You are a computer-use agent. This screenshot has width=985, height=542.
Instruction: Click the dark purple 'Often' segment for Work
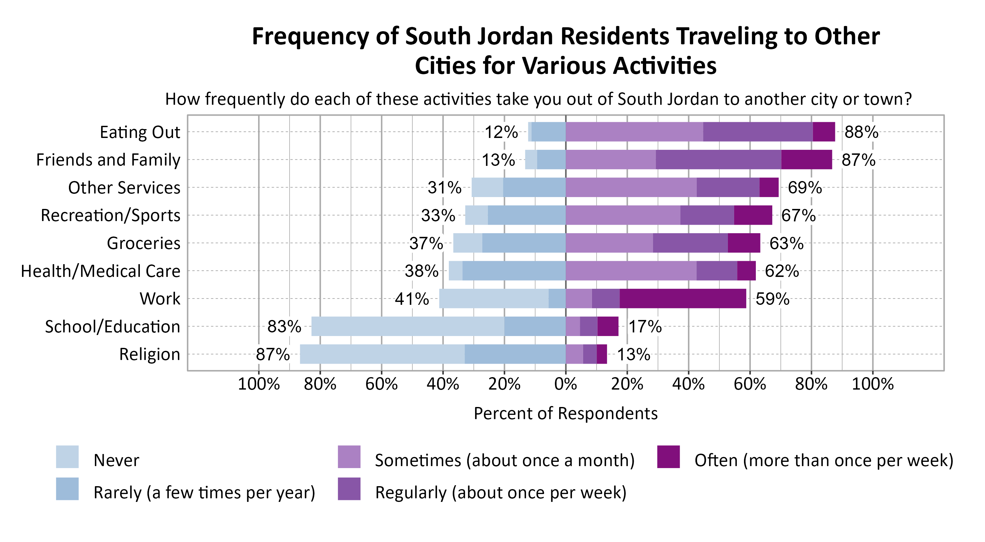[683, 298]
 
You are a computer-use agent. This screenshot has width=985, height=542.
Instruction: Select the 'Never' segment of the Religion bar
[383, 354]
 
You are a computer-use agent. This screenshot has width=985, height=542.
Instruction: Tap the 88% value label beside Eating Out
[862, 132]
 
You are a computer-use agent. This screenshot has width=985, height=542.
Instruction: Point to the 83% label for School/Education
[284, 327]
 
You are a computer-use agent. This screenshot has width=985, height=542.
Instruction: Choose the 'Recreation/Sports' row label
[111, 215]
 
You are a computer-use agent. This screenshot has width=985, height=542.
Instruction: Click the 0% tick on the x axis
[565, 384]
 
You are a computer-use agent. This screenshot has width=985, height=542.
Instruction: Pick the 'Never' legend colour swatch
[67, 457]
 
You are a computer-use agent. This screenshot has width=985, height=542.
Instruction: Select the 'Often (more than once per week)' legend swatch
[668, 457]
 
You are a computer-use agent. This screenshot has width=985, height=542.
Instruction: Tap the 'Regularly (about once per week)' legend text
[500, 493]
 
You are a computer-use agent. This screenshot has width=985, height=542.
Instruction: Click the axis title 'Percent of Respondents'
[565, 414]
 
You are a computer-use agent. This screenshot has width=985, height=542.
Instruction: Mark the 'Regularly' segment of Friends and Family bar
[718, 160]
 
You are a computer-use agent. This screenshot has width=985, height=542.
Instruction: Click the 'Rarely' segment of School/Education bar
[535, 326]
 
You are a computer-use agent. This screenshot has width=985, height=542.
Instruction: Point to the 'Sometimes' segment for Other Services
[631, 188]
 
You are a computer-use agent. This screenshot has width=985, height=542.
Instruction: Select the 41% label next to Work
[412, 299]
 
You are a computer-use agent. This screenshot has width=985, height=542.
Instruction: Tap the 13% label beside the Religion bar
[634, 354]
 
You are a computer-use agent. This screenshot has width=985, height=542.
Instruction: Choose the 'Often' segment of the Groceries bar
[744, 243]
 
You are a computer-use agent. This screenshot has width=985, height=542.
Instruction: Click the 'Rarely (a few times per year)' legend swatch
[67, 489]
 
